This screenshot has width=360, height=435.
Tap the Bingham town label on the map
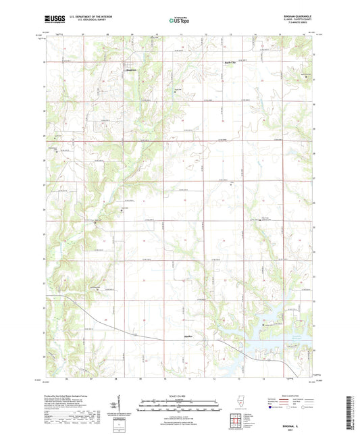(132, 70)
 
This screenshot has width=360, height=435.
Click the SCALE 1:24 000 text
(180, 396)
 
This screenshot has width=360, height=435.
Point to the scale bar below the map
(180, 404)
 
